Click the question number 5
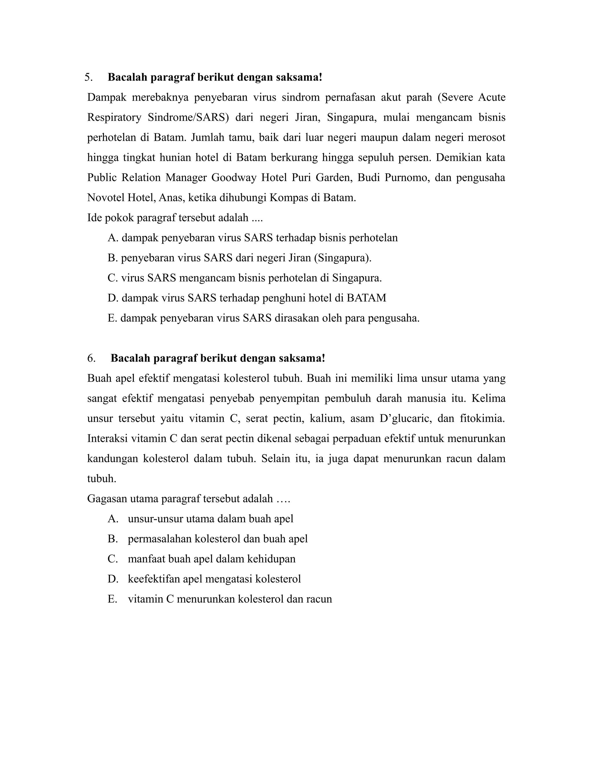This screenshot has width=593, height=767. click(88, 77)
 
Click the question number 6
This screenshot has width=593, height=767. click(91, 358)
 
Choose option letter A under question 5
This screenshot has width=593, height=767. click(112, 238)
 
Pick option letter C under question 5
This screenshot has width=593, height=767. click(112, 278)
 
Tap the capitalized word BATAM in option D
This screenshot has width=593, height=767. click(366, 298)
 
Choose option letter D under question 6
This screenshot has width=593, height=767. click(113, 579)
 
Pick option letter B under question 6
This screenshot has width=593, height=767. click(113, 539)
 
